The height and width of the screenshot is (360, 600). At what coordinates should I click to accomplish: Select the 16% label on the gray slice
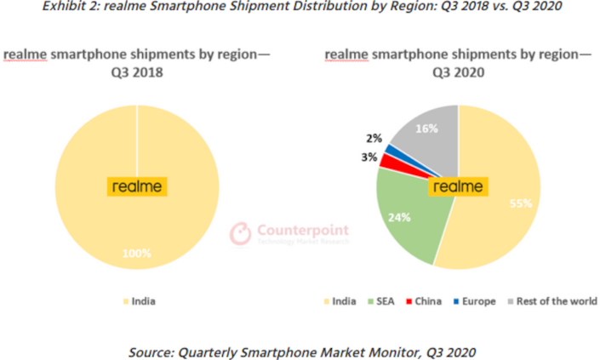[x=427, y=129]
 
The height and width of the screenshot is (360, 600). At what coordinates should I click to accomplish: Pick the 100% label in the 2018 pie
[x=137, y=253]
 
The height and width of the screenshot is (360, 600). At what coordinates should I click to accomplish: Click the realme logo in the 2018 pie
[x=137, y=186]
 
